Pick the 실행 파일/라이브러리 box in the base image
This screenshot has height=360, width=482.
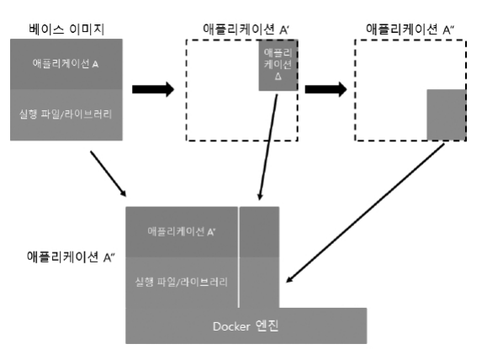(66, 113)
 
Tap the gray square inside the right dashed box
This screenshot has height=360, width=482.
(445, 114)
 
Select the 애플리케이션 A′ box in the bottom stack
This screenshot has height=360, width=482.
(182, 230)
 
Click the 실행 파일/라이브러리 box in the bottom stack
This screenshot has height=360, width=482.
(182, 282)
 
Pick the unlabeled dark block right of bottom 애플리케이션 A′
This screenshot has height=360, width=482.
(260, 230)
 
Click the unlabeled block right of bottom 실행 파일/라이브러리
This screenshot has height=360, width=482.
(260, 282)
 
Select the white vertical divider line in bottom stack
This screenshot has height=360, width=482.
(240, 257)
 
